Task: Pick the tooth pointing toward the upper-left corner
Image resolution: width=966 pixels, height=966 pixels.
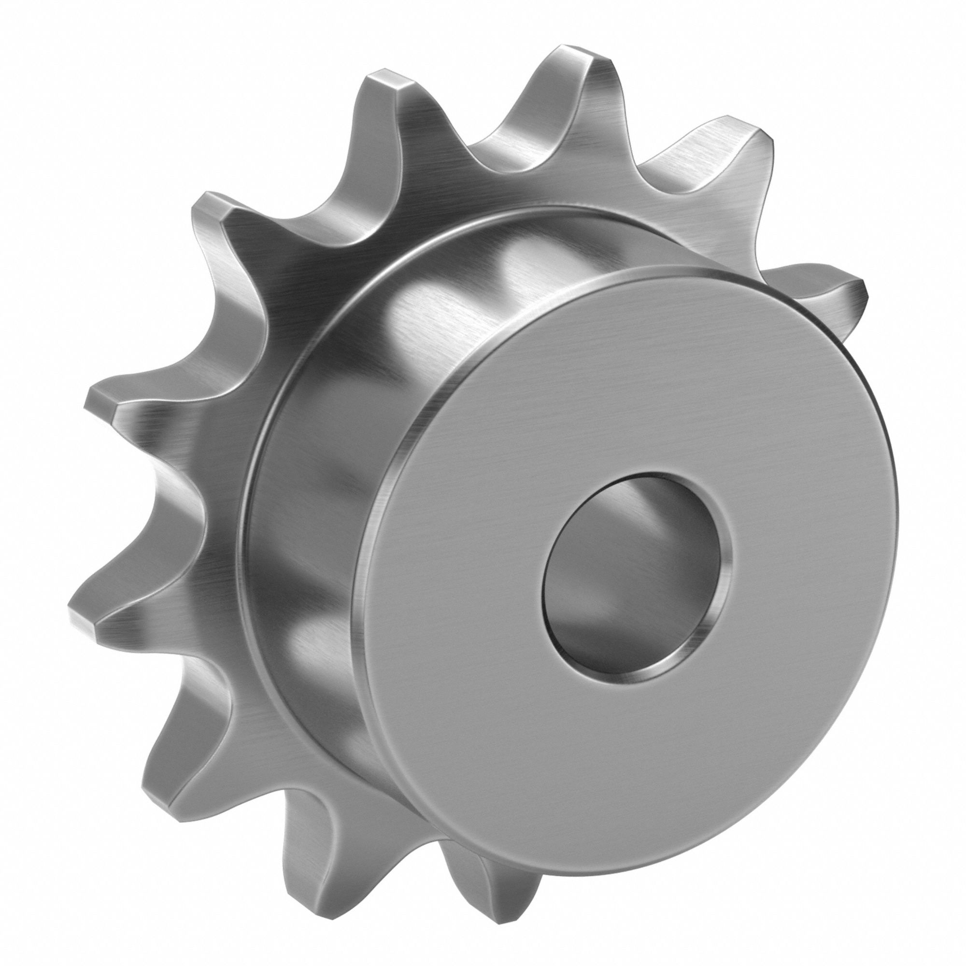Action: point(210,210)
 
